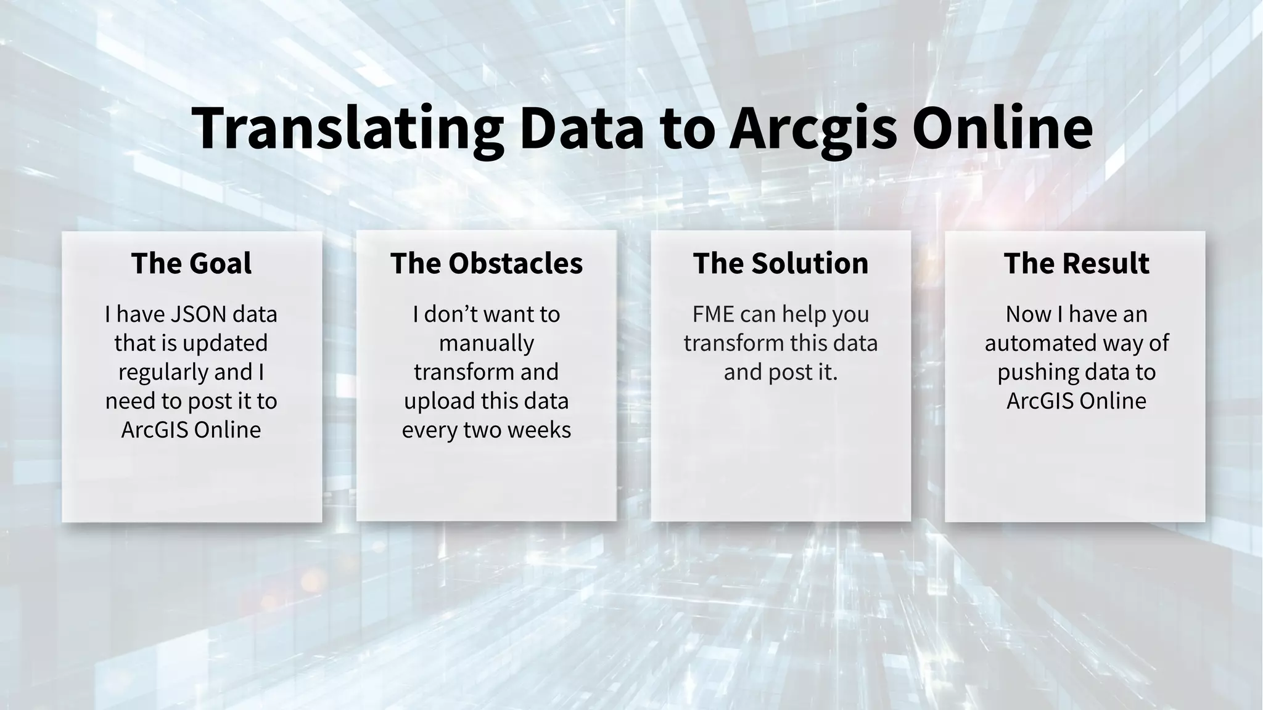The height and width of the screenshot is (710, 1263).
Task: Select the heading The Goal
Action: (191, 263)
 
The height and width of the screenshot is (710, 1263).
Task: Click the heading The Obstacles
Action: (486, 263)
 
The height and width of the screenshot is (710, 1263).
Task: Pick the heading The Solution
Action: (780, 263)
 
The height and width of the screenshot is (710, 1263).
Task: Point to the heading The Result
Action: (1076, 263)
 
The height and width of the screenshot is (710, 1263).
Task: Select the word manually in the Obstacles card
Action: (486, 343)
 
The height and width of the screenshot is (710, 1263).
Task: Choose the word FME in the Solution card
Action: (713, 314)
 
